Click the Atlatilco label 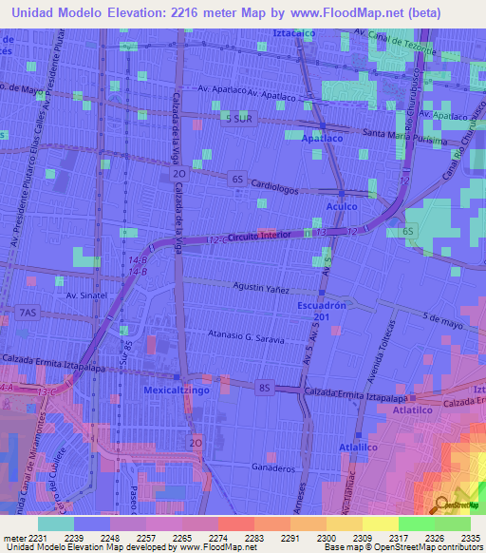click(413, 410)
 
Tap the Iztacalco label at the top click(293, 33)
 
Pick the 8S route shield click(265, 387)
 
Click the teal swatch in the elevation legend click(56, 523)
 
